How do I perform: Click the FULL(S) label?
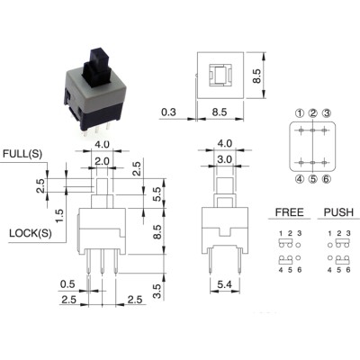click(x=22, y=154)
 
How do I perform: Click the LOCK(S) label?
click(x=31, y=233)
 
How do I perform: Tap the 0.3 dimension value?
click(x=168, y=112)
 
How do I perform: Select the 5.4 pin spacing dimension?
click(x=224, y=284)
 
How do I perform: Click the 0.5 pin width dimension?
click(x=67, y=283)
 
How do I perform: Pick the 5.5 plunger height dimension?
click(x=157, y=194)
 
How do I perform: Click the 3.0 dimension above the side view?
click(x=224, y=159)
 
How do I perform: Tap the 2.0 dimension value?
click(x=102, y=161)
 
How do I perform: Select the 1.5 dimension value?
click(x=59, y=216)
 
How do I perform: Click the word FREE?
click(x=289, y=212)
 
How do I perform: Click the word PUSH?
click(x=338, y=212)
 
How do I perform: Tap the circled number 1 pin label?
click(x=300, y=113)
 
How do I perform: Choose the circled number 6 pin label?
click(x=327, y=179)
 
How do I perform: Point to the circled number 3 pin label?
click(x=327, y=113)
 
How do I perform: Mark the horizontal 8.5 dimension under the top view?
click(x=220, y=112)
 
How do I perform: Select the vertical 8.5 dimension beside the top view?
click(x=256, y=76)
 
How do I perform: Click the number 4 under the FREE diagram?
click(x=281, y=270)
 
